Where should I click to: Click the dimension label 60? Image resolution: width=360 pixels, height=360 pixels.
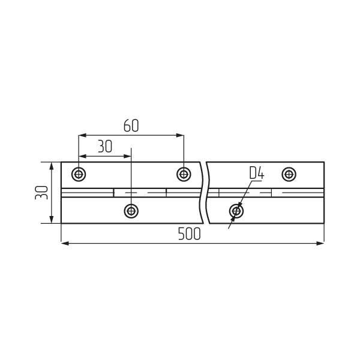(x=131, y=125)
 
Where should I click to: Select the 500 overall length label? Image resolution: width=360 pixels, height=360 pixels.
(x=190, y=234)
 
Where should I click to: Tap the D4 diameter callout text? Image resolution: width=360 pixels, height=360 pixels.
(x=257, y=173)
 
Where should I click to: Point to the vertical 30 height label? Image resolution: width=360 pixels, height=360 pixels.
(x=41, y=193)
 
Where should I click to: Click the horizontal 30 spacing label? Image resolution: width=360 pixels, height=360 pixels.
(x=105, y=146)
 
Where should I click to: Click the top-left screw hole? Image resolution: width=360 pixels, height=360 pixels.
(x=79, y=174)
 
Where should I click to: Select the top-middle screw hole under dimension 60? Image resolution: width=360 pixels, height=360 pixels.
(x=184, y=174)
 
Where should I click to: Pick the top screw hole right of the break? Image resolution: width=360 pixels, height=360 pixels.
(x=289, y=174)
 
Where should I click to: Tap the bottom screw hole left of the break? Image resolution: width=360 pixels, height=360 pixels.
(x=131, y=211)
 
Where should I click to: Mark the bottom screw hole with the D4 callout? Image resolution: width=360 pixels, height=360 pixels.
(x=236, y=211)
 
